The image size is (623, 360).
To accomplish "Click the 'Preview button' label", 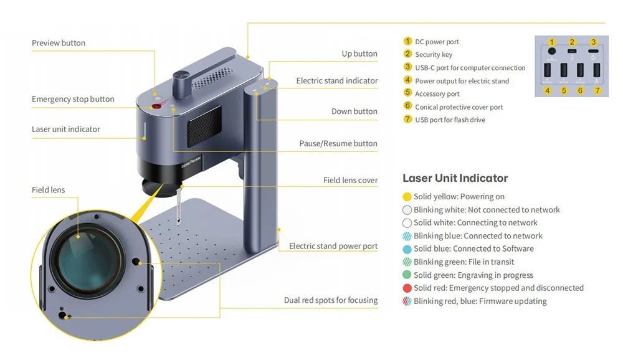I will pos(59,43).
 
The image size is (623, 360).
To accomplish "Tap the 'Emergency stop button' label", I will pos(73,99).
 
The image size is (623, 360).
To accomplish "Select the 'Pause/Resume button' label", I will pos(338,143).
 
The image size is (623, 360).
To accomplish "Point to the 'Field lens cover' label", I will pos(350,180).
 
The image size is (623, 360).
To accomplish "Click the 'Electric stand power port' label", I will pos(333,246).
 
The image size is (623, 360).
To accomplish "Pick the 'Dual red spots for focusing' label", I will pos(331,300).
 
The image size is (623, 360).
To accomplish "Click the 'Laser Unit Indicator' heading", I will pos(455,178).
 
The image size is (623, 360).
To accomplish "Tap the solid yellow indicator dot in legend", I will pos(407,197).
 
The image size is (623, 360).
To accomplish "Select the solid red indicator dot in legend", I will pos(407,288).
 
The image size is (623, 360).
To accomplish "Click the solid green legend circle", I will pos(407,275).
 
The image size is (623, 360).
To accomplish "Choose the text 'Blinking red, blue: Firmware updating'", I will pos(480,301).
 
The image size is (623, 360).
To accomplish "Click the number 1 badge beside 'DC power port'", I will pos(408,42).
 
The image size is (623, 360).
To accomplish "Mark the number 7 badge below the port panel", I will pos(597,90).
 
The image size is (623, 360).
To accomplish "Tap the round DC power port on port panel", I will pos(552,50).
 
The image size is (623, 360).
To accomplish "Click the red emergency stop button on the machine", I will pos(158,107).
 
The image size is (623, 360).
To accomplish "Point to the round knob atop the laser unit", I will pos(181,77).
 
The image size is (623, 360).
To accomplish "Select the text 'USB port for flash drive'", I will pos(450,120).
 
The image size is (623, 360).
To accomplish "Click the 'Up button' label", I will pos(359,54).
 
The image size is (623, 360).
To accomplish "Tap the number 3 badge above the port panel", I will pos(593,42).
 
